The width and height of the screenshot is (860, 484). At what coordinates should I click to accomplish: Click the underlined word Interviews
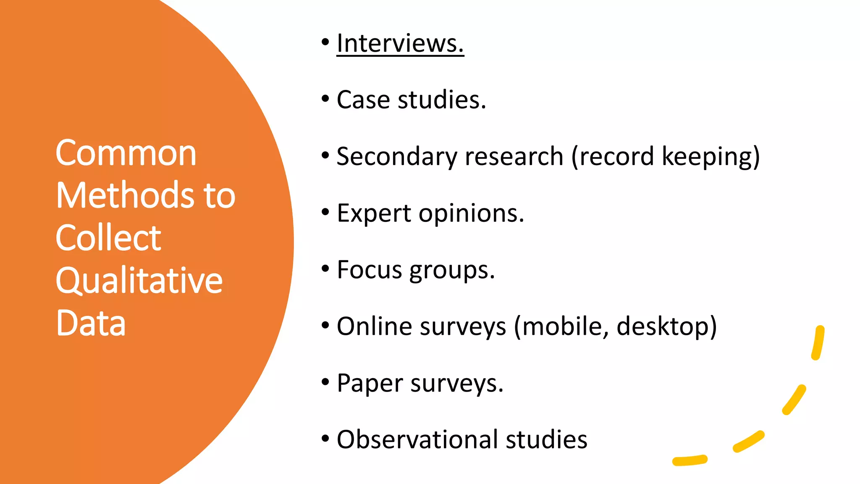pyautogui.click(x=400, y=43)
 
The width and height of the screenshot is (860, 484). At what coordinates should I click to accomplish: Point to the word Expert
pyautogui.click(x=374, y=213)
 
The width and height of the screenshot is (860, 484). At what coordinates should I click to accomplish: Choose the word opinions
pyautogui.click(x=471, y=213)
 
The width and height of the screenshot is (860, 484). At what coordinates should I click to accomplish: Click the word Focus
pyautogui.click(x=369, y=270)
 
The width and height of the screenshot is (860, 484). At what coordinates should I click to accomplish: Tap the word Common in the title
pyautogui.click(x=126, y=153)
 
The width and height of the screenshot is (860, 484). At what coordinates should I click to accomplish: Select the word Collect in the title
pyautogui.click(x=108, y=238)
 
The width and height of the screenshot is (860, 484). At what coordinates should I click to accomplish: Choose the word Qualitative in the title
pyautogui.click(x=139, y=281)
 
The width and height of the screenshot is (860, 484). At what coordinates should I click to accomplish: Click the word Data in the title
pyautogui.click(x=91, y=323)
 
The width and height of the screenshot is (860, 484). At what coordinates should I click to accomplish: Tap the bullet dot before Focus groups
pyautogui.click(x=325, y=268)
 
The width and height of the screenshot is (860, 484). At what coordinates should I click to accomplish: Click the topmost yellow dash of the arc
pyautogui.click(x=818, y=342)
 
